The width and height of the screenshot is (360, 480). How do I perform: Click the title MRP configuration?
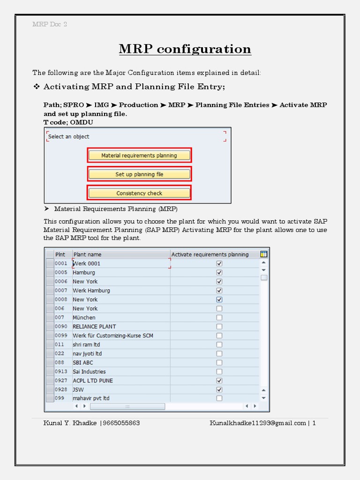coord(185,49)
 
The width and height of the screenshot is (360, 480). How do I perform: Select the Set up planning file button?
coord(139,174)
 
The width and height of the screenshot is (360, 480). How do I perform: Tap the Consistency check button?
coord(139,193)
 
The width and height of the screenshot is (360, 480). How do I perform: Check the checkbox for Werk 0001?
coord(219,263)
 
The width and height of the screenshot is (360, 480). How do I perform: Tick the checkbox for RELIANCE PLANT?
coord(219,326)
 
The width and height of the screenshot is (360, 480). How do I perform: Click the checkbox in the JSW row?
coord(219,390)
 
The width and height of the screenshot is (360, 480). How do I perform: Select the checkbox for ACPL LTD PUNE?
coord(219,381)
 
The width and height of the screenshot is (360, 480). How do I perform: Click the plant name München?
coord(84,317)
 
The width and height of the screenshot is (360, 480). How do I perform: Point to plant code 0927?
coord(61,381)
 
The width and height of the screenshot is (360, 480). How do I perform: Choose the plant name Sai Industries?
coord(89,372)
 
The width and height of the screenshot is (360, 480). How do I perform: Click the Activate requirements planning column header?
coord(210,255)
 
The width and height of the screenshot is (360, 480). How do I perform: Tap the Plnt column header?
coord(60,255)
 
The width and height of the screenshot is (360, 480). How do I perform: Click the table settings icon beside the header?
coord(264,254)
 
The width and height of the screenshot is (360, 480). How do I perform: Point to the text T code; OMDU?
coord(68,122)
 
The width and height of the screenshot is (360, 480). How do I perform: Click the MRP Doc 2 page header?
coord(50,24)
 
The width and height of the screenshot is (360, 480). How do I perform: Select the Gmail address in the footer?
coord(257,423)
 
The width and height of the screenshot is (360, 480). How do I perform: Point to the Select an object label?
coord(69,136)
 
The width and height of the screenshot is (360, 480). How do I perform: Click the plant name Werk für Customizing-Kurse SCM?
coord(112,336)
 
